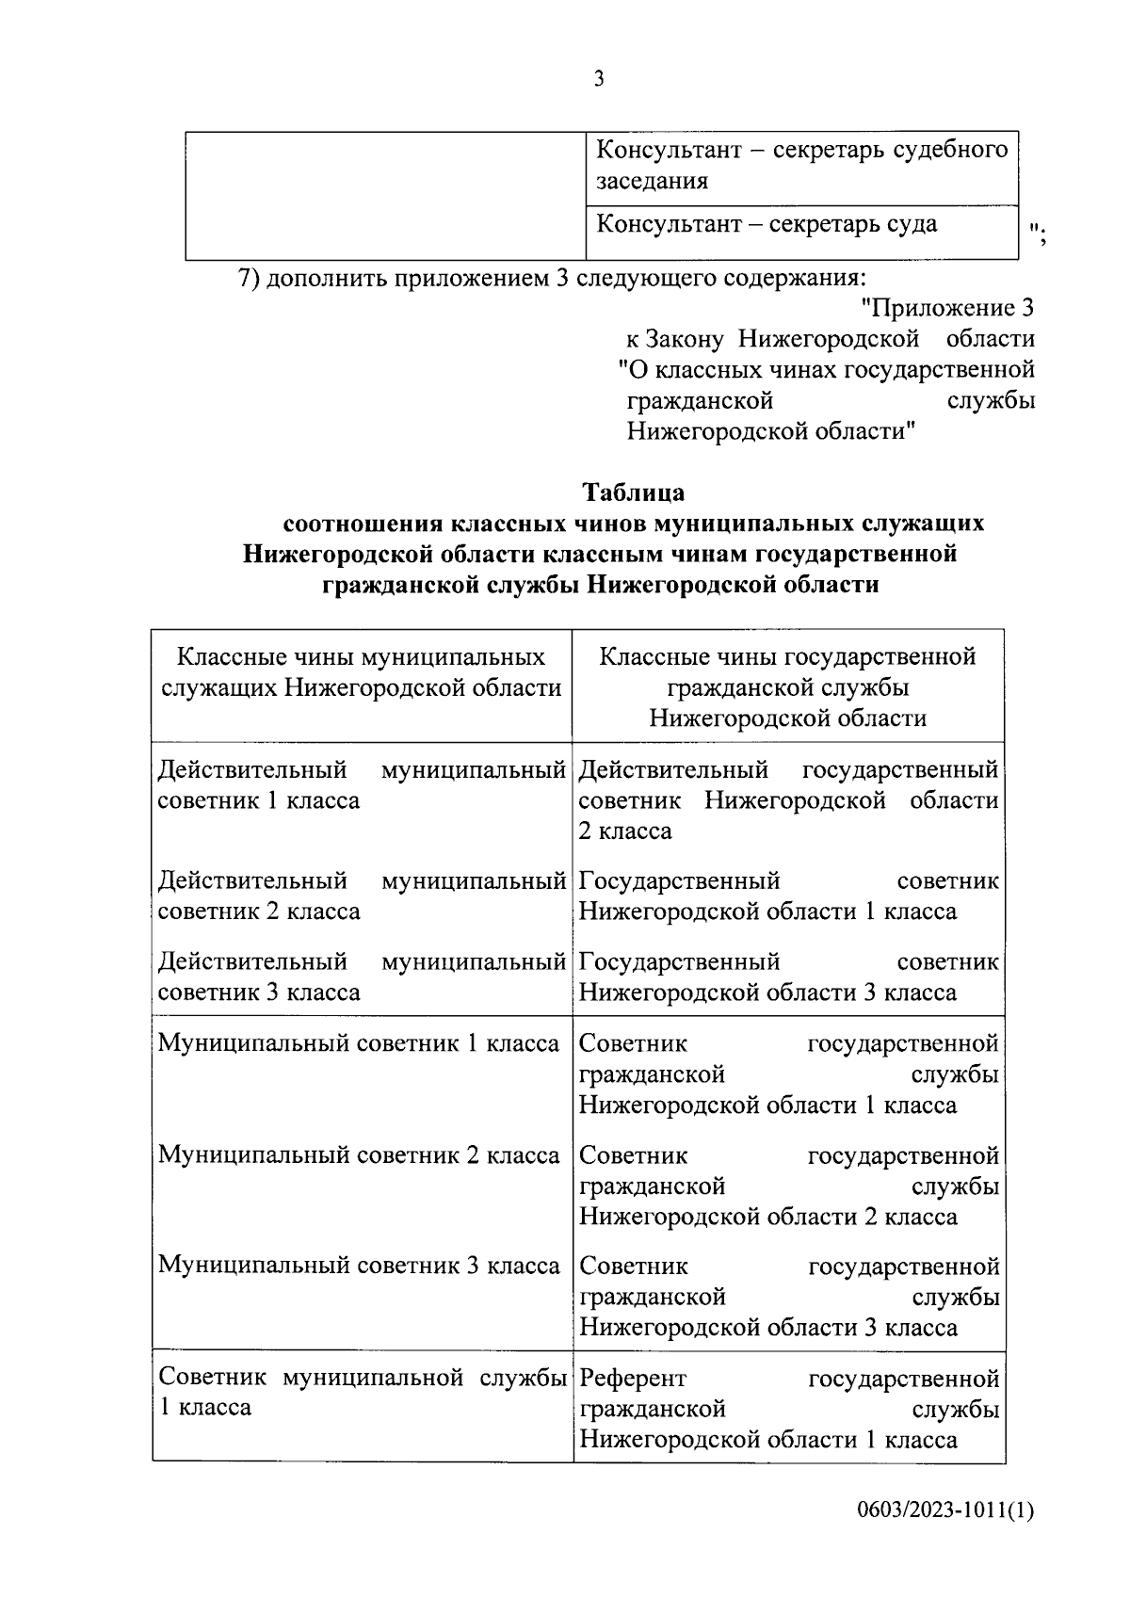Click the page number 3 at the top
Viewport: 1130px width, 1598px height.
599,79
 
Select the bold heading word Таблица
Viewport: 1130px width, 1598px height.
634,492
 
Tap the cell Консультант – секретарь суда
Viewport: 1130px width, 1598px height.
767,224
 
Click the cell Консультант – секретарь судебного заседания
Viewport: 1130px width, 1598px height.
801,165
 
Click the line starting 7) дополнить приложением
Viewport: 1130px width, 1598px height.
550,279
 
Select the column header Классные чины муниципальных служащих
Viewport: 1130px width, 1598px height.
362,672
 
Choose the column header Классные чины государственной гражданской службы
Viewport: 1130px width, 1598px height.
787,687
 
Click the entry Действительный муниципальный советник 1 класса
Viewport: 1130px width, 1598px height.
362,785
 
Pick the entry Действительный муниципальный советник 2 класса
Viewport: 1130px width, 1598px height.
362,896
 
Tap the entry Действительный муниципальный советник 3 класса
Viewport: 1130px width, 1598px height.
362,977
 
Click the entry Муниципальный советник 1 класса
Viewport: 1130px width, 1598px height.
359,1043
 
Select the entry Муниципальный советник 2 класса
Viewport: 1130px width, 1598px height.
359,1155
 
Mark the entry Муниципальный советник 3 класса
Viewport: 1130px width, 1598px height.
359,1266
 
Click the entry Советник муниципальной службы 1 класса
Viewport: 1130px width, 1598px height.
362,1392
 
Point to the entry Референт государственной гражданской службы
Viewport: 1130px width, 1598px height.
788,1409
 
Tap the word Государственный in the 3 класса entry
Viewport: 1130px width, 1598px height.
679,962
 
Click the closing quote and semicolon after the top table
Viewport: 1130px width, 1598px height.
1040,232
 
